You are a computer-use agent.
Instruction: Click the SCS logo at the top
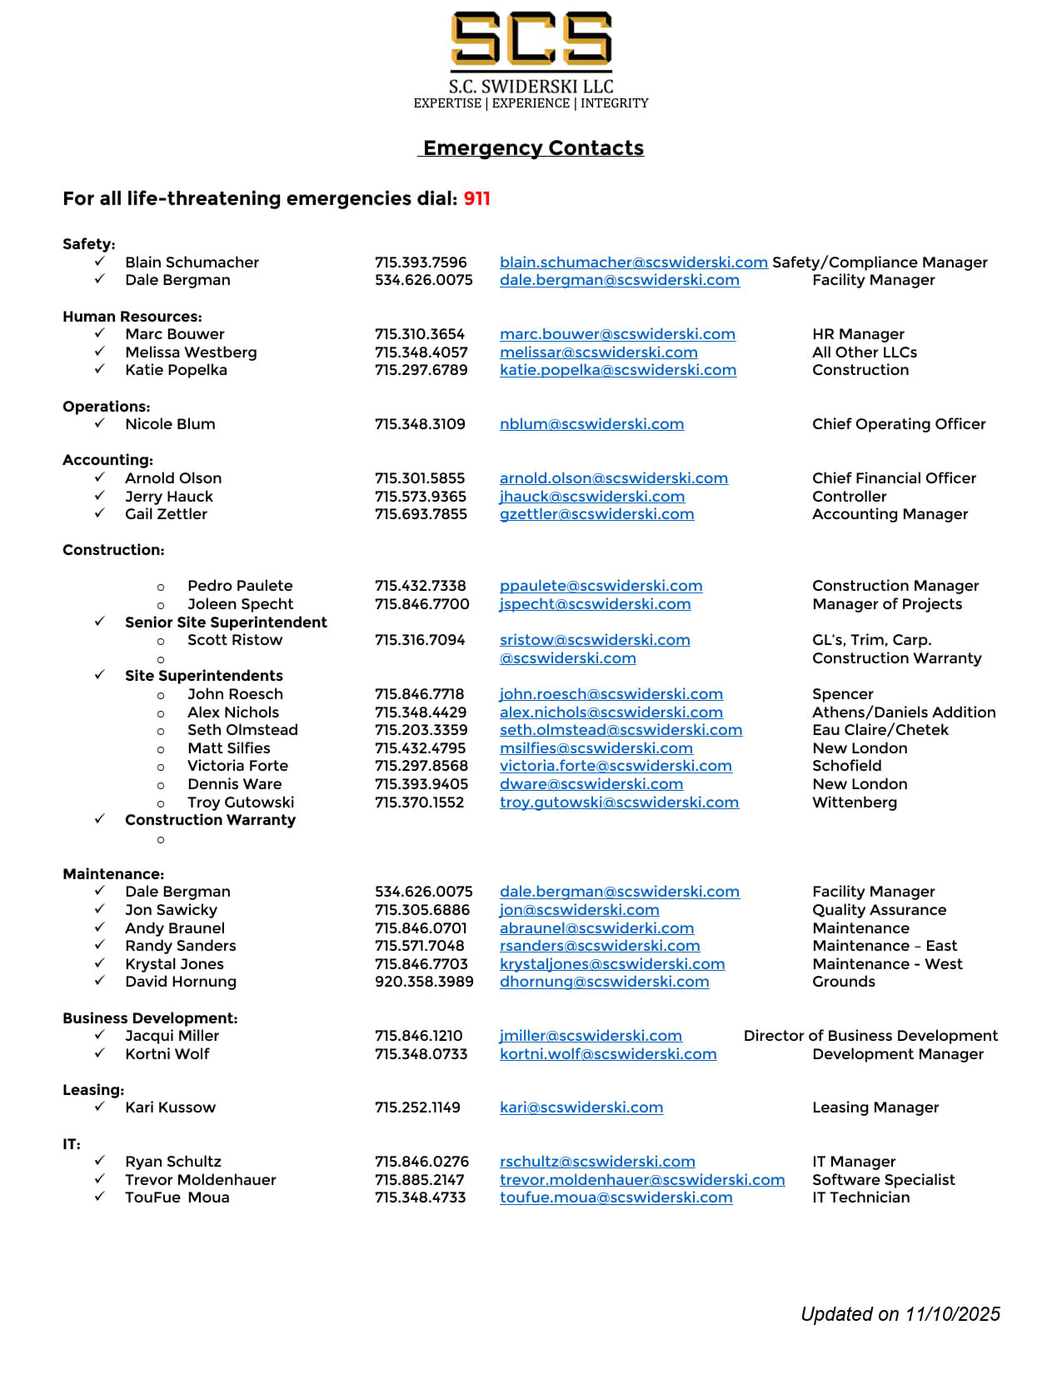click(x=531, y=39)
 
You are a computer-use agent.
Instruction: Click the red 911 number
click(x=477, y=198)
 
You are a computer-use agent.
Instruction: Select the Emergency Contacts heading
click(x=533, y=148)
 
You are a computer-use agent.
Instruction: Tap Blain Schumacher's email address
click(x=633, y=262)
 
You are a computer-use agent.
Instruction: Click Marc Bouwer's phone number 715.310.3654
click(x=420, y=334)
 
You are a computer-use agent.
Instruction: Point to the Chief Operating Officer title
click(x=899, y=424)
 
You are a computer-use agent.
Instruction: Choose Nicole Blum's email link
click(x=591, y=424)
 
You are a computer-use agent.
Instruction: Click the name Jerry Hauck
click(x=169, y=497)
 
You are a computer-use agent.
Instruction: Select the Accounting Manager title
click(x=890, y=514)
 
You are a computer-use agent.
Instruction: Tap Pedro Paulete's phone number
click(x=421, y=586)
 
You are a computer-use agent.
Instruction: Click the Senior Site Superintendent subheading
click(x=226, y=622)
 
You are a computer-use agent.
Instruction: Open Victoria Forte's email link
click(x=616, y=766)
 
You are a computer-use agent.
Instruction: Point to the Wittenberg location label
click(x=855, y=802)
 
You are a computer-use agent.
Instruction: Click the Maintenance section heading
click(x=113, y=874)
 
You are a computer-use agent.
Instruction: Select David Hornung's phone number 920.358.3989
click(x=424, y=982)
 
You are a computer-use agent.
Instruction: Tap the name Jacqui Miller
click(x=172, y=1036)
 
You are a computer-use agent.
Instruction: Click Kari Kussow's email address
click(x=581, y=1107)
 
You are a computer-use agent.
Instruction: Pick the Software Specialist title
click(x=884, y=1180)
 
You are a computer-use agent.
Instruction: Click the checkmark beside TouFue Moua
click(x=100, y=1197)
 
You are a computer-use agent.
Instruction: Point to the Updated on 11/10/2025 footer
click(x=900, y=1314)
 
